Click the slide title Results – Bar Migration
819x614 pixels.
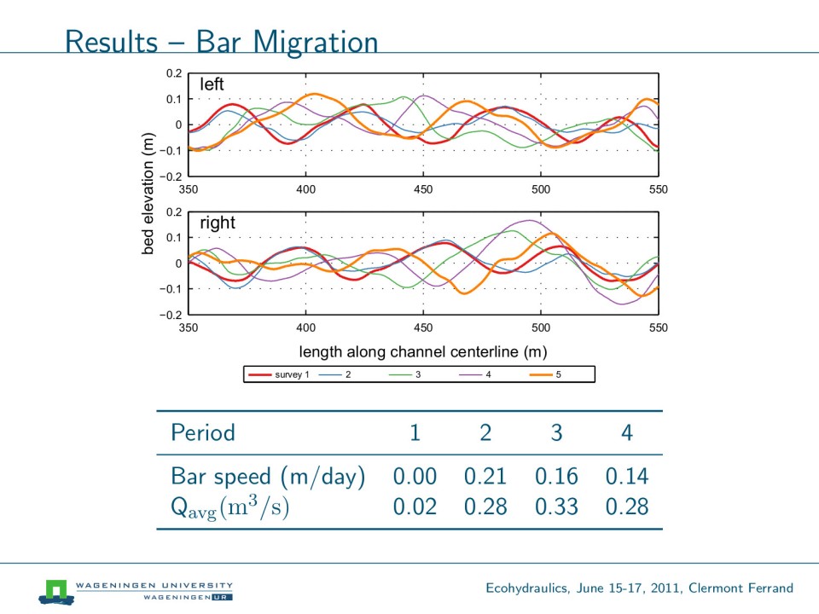coord(221,41)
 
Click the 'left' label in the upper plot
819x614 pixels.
coord(212,84)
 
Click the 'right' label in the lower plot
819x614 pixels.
coord(217,223)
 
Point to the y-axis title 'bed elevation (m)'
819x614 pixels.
coord(148,194)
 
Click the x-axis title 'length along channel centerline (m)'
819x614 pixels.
coord(422,351)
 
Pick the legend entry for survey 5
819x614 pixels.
coord(542,374)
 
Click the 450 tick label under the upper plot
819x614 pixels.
coord(423,189)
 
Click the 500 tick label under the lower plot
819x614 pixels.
coord(541,327)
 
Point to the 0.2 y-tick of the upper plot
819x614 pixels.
coord(173,73)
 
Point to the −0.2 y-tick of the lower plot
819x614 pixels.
coord(171,316)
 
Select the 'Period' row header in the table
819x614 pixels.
coord(203,433)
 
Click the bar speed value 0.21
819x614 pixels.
coord(485,476)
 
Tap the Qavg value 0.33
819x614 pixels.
coord(556,507)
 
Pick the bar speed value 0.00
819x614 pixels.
coord(415,476)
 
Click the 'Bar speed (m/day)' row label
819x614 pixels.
coord(268,476)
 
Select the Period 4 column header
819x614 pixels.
coord(627,433)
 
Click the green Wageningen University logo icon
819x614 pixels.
coord(56,589)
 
